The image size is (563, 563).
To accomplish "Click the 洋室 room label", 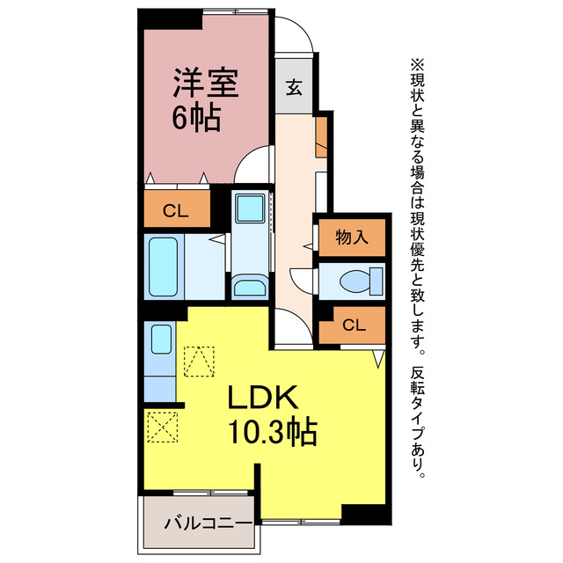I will point(205,84).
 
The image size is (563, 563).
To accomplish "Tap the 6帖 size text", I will point(195,119).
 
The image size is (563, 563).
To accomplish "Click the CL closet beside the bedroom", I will point(177,210).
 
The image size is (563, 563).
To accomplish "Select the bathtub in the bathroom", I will point(165,267).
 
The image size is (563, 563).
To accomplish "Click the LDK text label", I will point(267,398).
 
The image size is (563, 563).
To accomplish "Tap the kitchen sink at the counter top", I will point(160,339).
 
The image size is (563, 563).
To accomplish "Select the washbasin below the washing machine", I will point(251,287).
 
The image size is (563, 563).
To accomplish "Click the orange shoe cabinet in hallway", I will point(322,135).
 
